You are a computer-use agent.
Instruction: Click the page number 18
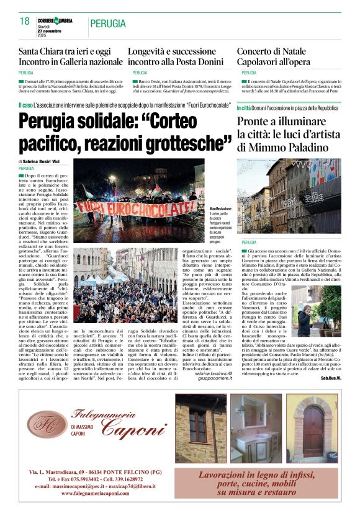[x=24, y=22]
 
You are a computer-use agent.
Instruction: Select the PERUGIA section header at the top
[x=109, y=24]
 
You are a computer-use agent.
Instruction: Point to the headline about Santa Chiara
[x=70, y=56]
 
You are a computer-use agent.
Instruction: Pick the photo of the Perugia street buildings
[x=289, y=195]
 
